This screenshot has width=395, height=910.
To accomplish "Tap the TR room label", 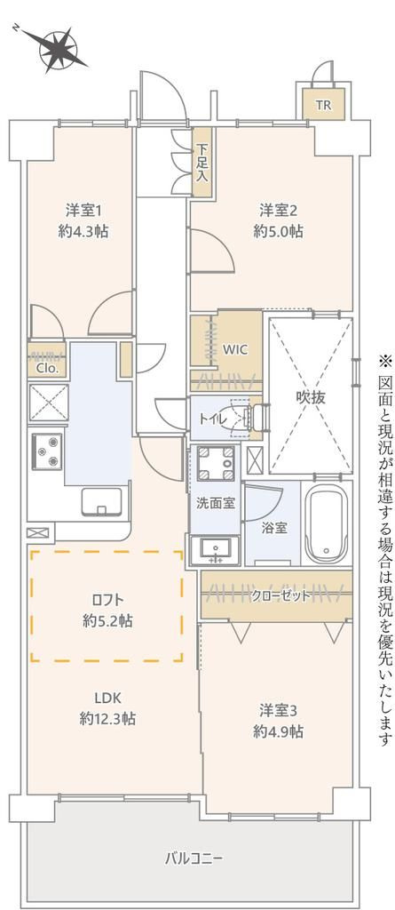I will [324, 106].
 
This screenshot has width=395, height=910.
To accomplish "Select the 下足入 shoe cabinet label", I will [202, 162].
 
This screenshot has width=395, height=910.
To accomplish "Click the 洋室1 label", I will [84, 211].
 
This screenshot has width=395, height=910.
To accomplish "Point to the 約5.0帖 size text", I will [278, 231].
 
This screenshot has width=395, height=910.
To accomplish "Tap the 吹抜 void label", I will [311, 397].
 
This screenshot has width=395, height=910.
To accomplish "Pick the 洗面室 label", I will [215, 502].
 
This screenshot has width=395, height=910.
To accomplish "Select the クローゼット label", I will [280, 595].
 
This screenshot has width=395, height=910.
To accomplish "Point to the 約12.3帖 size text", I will [107, 718].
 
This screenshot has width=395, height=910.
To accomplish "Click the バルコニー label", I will [194, 858].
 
